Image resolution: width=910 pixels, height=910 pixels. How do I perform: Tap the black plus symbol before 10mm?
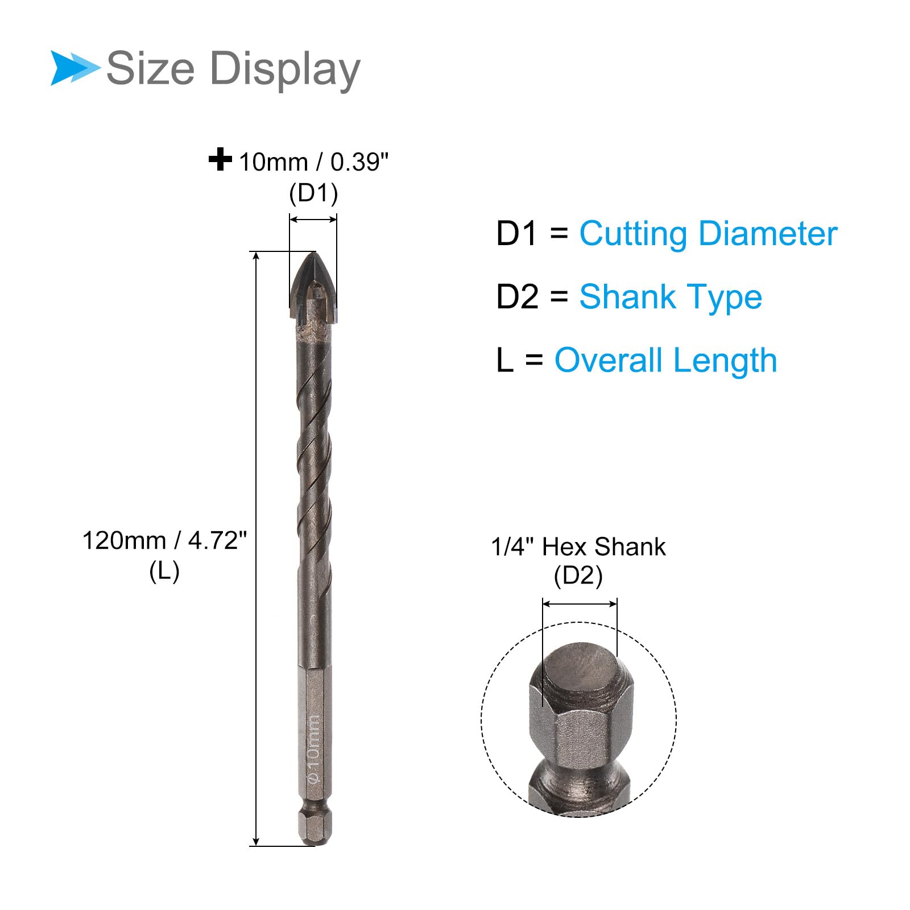(220, 159)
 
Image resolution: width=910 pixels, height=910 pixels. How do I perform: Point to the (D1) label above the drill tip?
(313, 193)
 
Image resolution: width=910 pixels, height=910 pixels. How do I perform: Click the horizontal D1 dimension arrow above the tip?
(313, 220)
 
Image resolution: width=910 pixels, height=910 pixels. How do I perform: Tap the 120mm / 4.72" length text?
(165, 540)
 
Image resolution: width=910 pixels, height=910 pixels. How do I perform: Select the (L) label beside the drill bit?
(164, 571)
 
